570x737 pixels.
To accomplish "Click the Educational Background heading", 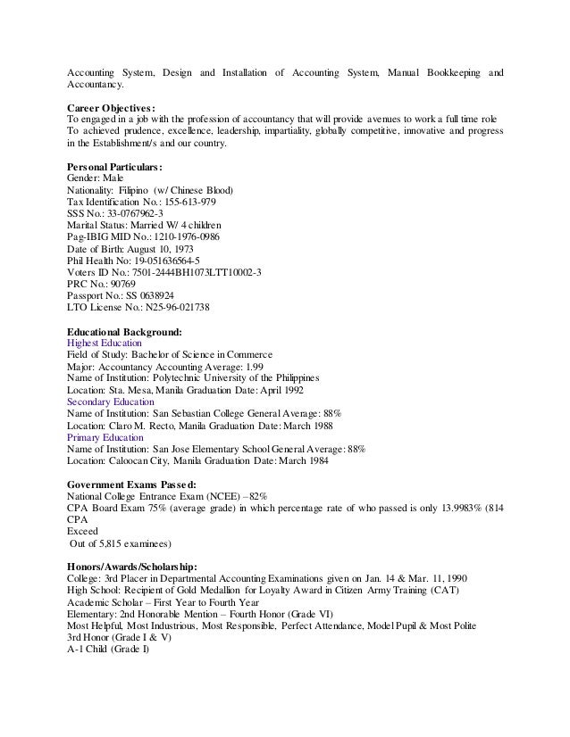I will pyautogui.click(x=125, y=330).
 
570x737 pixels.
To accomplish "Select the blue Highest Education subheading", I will pyautogui.click(x=104, y=342).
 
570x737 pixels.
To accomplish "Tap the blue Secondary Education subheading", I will pyautogui.click(x=109, y=402).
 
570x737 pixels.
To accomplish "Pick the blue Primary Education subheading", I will pyautogui.click(x=104, y=437).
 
